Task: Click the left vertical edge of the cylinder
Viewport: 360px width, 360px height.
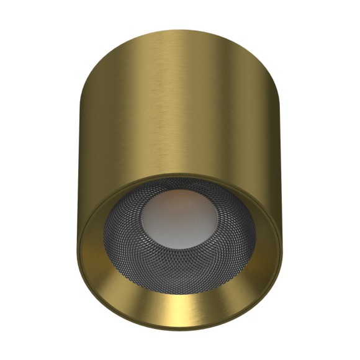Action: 78,155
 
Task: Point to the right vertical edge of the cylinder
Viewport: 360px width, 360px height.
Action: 282,155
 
